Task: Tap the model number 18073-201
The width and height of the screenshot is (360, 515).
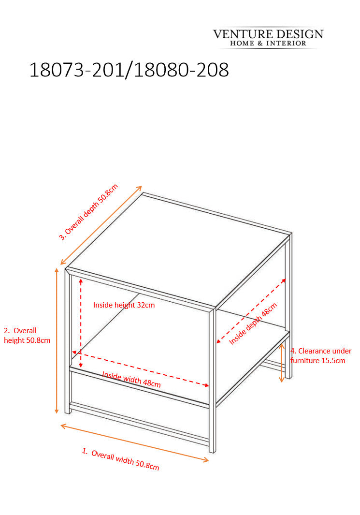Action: tap(76, 70)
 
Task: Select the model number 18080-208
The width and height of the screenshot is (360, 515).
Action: tap(182, 70)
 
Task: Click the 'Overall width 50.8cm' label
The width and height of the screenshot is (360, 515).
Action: tap(120, 459)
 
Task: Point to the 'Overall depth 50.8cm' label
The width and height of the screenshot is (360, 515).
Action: tap(88, 212)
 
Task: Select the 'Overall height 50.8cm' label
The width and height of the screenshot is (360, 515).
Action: tap(27, 335)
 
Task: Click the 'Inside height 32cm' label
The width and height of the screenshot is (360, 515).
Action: tap(124, 305)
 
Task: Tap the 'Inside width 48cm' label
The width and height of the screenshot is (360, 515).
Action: tap(131, 379)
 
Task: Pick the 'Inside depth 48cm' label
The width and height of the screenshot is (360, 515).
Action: tap(253, 324)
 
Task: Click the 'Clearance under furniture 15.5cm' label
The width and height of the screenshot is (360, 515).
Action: tap(321, 356)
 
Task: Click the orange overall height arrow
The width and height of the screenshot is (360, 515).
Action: tap(57, 340)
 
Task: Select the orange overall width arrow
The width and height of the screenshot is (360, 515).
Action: tap(134, 443)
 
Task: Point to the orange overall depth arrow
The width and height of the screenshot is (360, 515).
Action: tap(101, 225)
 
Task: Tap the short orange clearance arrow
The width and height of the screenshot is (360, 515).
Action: tap(282, 363)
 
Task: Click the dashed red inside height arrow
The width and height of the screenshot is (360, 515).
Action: tap(81, 323)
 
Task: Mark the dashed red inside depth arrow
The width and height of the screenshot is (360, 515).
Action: tap(251, 311)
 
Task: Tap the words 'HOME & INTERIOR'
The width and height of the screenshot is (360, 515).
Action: tap(268, 44)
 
